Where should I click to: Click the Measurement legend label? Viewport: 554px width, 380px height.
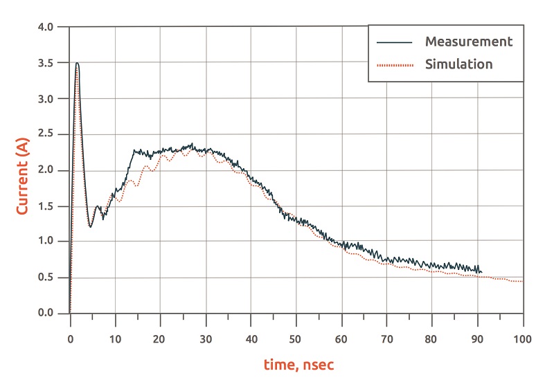point(469,42)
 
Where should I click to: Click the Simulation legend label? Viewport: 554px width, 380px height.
point(458,64)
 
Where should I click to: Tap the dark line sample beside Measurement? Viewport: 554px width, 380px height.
point(394,42)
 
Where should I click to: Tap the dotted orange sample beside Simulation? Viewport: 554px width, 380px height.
point(394,65)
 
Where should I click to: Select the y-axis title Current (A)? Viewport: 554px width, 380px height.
point(22,170)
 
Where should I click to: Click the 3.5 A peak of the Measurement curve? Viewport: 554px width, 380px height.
point(78,63)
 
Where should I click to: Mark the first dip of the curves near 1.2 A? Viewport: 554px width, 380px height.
point(90,226)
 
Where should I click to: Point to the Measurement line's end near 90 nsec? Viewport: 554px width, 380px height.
point(480,271)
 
